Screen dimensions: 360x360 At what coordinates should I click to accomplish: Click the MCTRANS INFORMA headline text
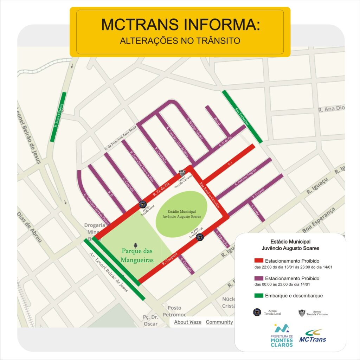coord(180,24)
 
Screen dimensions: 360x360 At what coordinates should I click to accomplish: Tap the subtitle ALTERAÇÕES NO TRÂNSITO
coord(180,41)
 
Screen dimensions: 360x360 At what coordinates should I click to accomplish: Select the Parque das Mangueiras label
coord(137,256)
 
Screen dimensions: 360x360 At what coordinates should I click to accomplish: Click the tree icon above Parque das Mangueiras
coord(136,244)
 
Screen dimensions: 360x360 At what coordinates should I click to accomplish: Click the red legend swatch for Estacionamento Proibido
coord(258,261)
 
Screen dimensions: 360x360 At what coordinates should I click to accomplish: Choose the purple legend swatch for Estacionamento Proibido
coord(258,278)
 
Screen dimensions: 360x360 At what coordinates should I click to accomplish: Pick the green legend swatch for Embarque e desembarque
coord(258,296)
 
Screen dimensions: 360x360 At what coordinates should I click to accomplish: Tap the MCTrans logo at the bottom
coord(313,336)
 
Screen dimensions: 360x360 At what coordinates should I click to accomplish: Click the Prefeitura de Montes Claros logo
coord(281,336)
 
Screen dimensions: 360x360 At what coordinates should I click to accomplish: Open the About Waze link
coord(188,322)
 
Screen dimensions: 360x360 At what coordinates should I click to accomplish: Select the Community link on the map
coord(219,322)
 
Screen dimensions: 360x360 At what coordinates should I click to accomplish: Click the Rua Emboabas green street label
coord(242,116)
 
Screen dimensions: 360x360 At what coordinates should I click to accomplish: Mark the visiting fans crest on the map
coord(182,173)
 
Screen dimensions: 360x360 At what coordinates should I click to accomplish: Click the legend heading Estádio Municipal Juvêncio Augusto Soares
coord(290,245)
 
